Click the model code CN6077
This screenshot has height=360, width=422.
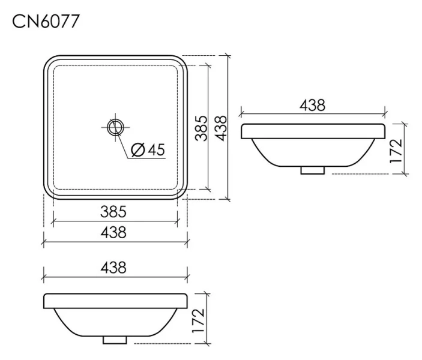pyautogui.click(x=46, y=22)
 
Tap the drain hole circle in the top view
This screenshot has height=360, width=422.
pyautogui.click(x=115, y=127)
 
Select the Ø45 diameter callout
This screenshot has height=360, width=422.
pyautogui.click(x=146, y=150)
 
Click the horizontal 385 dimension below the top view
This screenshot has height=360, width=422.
pyautogui.click(x=113, y=212)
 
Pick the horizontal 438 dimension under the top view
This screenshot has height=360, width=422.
pyautogui.click(x=113, y=233)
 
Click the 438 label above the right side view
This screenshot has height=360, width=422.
pyautogui.click(x=313, y=105)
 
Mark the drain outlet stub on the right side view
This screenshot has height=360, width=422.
pyautogui.click(x=312, y=170)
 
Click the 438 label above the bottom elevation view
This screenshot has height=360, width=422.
pyautogui.click(x=113, y=268)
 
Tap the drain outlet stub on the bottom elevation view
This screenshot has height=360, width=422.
pyautogui.click(x=115, y=340)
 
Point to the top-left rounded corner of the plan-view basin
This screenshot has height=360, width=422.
pyautogui.click(x=49, y=61)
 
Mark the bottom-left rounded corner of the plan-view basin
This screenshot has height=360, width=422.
pyautogui.click(x=49, y=194)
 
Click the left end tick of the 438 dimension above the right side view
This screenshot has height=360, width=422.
pyautogui.click(x=241, y=112)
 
